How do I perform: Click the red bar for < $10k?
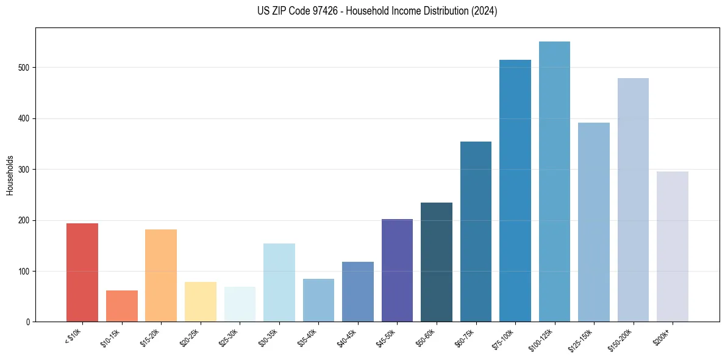coord(82,272)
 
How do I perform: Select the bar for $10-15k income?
coord(121,306)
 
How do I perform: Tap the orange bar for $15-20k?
coord(161,275)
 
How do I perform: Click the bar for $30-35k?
coord(279,283)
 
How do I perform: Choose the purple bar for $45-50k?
coord(397,270)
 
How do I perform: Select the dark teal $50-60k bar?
coord(437,262)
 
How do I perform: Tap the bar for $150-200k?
coord(633,200)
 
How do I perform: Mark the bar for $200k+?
coord(673,247)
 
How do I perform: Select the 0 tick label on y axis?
coord(29,322)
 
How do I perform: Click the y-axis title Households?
coord(10,175)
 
